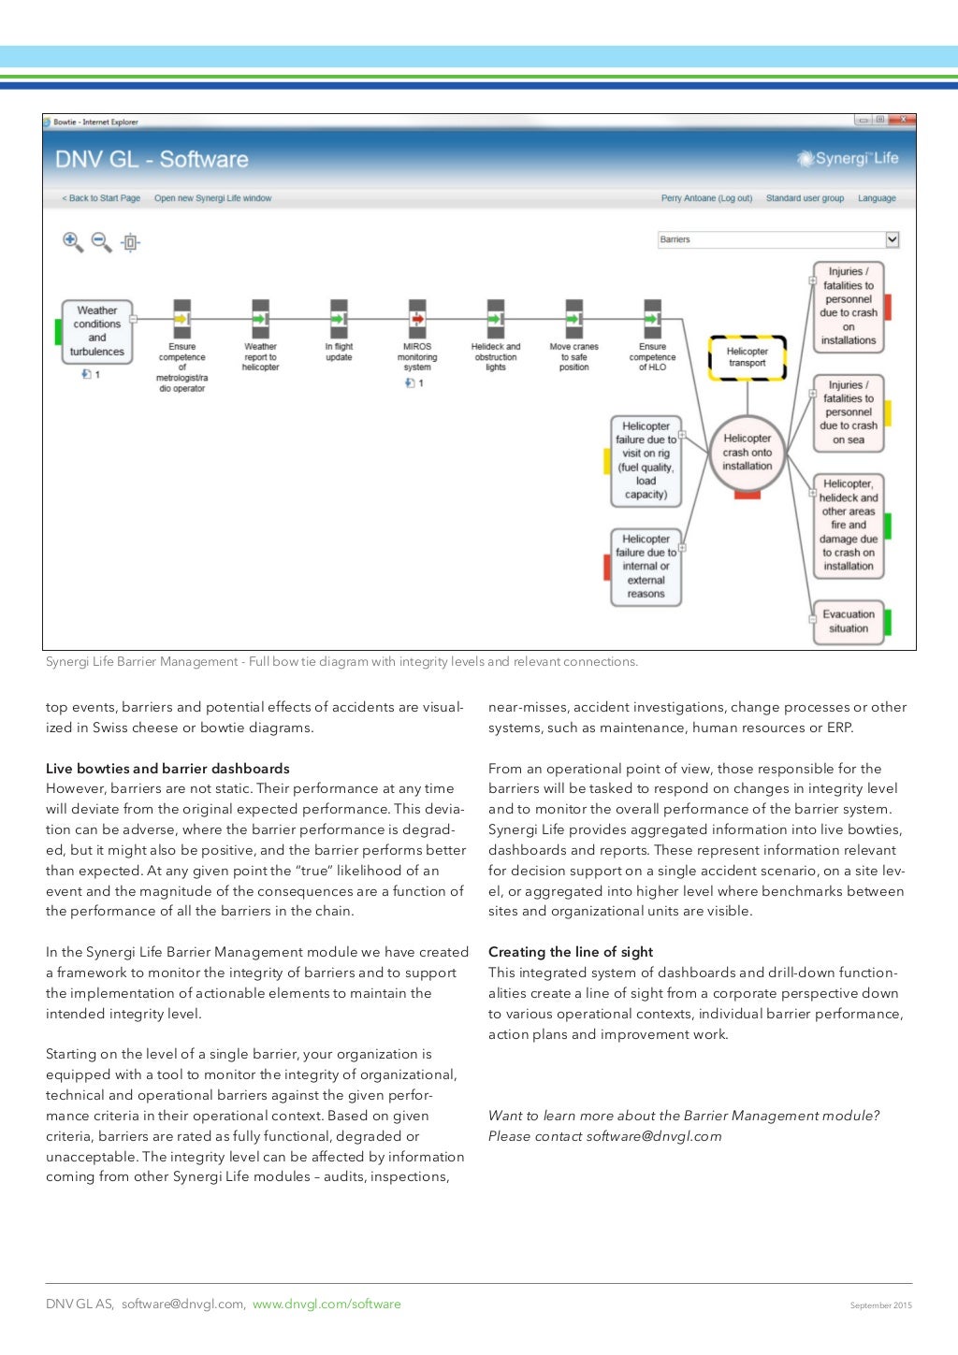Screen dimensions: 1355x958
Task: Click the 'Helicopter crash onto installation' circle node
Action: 747,453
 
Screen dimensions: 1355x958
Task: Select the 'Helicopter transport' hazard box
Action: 747,357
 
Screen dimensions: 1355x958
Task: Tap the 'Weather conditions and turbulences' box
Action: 97,331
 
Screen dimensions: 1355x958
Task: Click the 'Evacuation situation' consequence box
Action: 848,622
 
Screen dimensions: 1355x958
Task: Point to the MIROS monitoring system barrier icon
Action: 417,319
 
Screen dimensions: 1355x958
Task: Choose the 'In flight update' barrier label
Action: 339,352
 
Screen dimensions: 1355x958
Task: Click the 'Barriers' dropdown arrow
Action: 892,239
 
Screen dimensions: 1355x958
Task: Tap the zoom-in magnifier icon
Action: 72,242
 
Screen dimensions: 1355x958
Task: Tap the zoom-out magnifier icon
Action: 101,242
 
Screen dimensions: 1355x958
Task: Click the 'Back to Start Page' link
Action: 101,198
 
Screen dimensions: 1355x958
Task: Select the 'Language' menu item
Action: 877,198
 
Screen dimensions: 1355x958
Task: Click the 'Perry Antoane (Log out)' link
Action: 706,198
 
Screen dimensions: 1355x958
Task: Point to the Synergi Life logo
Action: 848,159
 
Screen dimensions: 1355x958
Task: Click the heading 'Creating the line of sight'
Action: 571,952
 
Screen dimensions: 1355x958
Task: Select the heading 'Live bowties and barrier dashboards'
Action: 167,769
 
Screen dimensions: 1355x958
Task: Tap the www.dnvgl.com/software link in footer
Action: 327,1304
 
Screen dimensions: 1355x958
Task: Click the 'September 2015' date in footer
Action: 880,1305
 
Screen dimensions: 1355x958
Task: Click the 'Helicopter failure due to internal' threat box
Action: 646,567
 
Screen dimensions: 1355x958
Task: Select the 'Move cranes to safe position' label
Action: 573,357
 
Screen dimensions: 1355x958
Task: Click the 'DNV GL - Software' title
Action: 152,159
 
